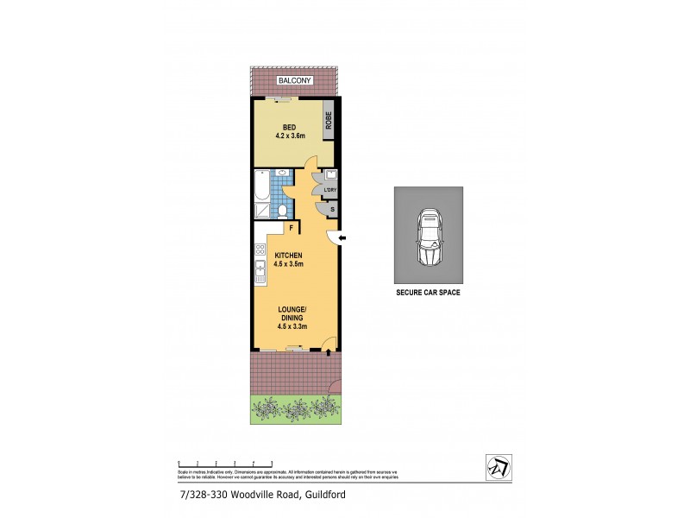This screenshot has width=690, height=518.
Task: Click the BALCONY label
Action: [294, 81]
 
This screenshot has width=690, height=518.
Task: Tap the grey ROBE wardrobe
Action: [329, 123]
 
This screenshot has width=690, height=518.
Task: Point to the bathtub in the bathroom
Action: [261, 185]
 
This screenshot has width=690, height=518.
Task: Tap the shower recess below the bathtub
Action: [261, 209]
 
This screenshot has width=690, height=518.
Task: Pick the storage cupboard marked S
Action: [332, 210]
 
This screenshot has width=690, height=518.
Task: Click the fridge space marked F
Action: [292, 229]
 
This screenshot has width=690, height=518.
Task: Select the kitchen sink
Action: [260, 272]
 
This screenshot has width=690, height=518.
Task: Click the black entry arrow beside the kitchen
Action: [342, 238]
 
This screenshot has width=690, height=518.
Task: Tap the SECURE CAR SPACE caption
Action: [428, 294]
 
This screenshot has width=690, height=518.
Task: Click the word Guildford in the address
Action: [323, 495]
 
